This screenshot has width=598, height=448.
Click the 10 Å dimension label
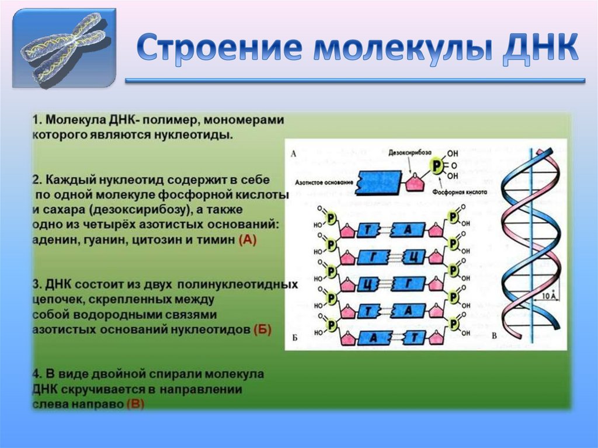[x=546, y=296]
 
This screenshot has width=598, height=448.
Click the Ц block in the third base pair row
[x=368, y=284]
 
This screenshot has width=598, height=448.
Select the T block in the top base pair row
[x=368, y=230]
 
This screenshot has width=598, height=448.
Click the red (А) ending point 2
[x=248, y=239]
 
